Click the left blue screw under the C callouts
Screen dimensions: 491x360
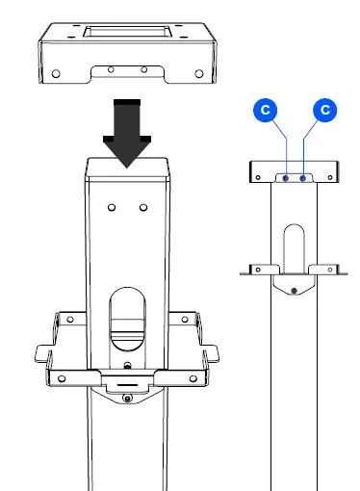(288, 178)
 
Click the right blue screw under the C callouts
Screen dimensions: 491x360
(304, 178)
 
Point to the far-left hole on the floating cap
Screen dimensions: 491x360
(57, 72)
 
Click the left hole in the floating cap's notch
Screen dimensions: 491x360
(113, 70)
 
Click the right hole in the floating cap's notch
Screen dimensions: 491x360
(143, 70)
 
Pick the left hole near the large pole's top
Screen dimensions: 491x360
(112, 207)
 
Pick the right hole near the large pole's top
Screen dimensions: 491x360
(143, 207)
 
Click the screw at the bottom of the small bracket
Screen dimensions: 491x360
(296, 289)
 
